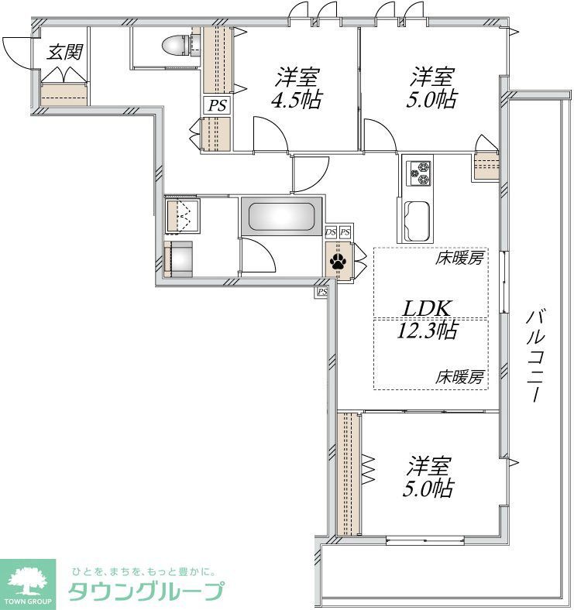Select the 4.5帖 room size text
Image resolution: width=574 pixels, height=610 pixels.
click(297, 101)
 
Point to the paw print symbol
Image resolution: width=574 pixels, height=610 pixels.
click(339, 262)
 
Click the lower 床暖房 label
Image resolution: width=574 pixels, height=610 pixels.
click(460, 378)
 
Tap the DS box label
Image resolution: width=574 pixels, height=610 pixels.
click(331, 232)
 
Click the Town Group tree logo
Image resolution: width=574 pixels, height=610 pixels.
click(29, 580)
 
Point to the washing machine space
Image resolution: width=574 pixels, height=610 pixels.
click(183, 259)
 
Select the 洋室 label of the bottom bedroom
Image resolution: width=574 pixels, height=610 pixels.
click(431, 467)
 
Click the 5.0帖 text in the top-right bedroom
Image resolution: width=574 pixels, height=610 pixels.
click(434, 101)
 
